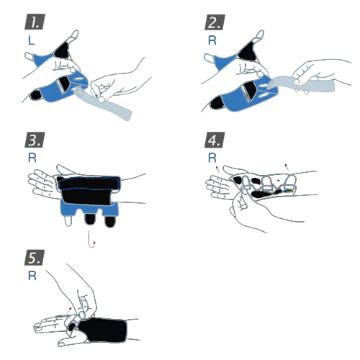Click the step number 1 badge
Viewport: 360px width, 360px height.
point(35,22)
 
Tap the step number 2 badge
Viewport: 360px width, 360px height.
point(215,22)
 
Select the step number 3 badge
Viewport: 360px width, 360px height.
point(35,140)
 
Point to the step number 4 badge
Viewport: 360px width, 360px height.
point(215,140)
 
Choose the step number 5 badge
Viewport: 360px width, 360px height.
point(35,258)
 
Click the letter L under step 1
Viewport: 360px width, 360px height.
point(32,40)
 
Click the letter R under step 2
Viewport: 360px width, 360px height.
point(212,40)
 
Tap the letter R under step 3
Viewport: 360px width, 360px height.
point(32,158)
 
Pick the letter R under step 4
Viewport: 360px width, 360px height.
point(212,158)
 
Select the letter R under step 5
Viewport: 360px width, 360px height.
point(32,276)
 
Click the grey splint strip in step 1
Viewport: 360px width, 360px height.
point(103,103)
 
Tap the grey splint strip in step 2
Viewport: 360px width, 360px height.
point(301,84)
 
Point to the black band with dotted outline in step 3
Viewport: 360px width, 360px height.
point(89,183)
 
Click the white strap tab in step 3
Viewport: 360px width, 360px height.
point(68,220)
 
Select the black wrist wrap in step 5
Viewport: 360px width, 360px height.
point(103,330)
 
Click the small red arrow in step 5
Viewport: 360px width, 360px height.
point(69,310)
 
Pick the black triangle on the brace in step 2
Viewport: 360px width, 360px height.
point(247,51)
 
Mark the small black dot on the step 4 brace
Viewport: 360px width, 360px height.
point(279,180)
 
